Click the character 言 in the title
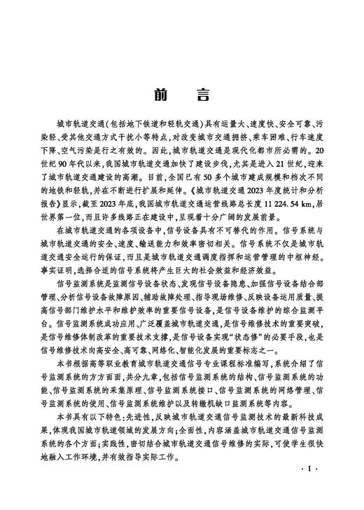202,97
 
